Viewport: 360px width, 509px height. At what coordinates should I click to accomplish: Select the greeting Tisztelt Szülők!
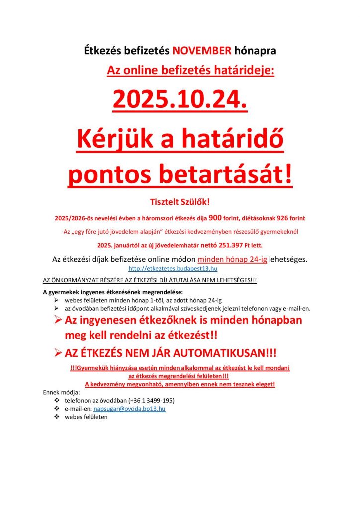pos(180,201)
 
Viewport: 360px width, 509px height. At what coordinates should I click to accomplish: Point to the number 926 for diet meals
pos(283,217)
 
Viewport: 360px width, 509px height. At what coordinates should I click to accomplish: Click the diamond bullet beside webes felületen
pos(56,417)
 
